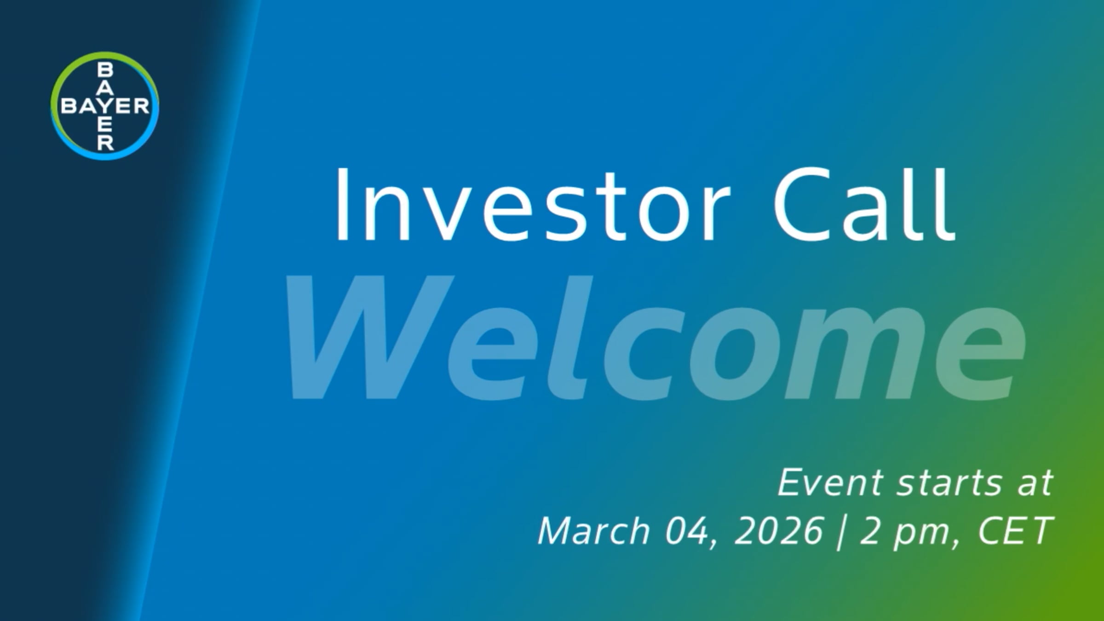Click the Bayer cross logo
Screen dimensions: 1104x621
[105, 106]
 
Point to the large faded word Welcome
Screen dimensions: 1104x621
[655, 338]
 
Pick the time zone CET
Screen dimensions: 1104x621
[1014, 531]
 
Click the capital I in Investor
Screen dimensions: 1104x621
[342, 205]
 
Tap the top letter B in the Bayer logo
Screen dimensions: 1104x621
[105, 70]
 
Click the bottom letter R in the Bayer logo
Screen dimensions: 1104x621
[105, 143]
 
